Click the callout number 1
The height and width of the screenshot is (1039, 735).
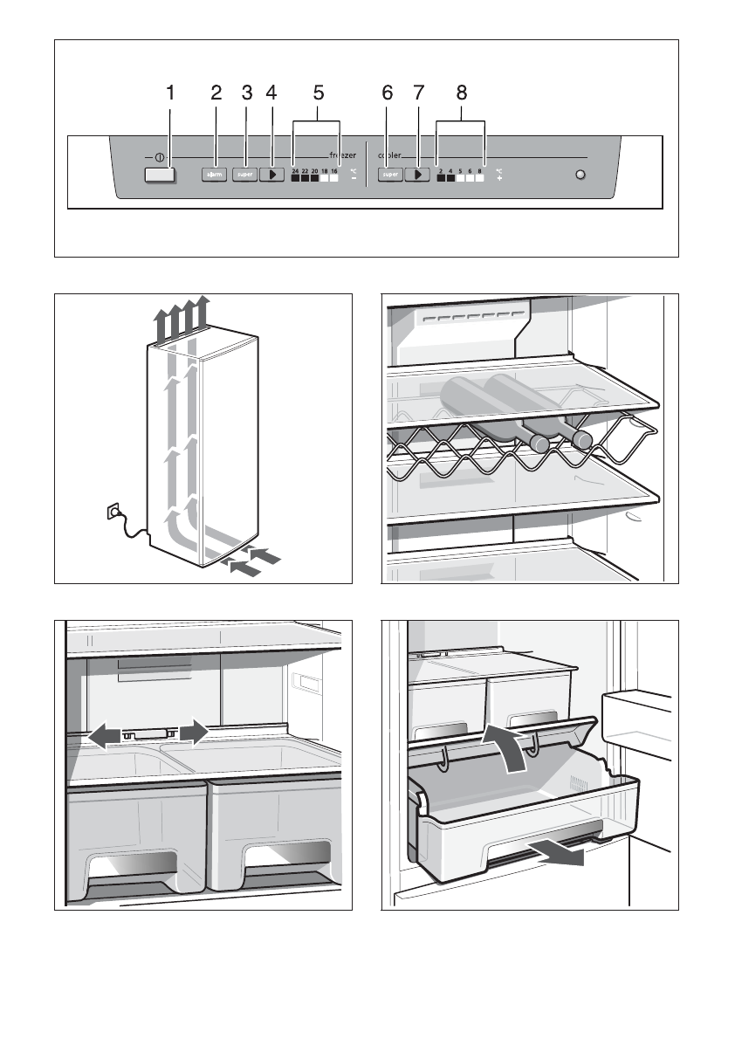(171, 92)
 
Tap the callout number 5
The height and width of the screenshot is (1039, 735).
(319, 92)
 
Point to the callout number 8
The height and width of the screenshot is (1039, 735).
(461, 92)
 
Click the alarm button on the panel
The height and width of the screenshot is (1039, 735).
(215, 175)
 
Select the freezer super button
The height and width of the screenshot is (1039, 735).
(245, 175)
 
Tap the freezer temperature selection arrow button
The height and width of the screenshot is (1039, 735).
(273, 175)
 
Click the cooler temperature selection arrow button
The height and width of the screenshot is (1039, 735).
(419, 175)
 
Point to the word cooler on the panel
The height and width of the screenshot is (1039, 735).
(389, 155)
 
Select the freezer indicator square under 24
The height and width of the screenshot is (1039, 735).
(295, 178)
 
